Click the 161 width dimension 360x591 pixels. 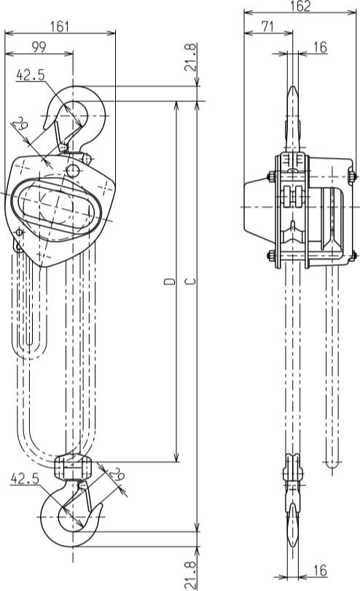[60, 27]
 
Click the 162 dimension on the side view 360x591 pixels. [300, 7]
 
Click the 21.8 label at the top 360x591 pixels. [191, 57]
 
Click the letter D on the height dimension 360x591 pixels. [169, 281]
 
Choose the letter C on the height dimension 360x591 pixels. [190, 281]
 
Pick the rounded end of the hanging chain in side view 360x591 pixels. [332, 461]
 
